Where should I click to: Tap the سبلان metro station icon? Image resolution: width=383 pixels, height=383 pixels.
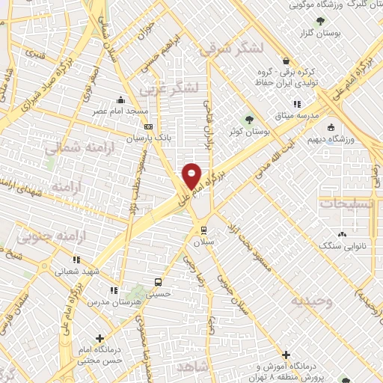click(x=202, y=229)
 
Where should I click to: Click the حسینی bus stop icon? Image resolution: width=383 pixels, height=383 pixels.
click(x=158, y=281)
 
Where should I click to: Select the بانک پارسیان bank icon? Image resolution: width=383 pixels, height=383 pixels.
click(x=149, y=127)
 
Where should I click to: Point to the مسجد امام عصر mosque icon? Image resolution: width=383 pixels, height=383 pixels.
click(x=121, y=100)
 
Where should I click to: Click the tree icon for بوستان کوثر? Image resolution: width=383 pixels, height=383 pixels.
click(x=250, y=118)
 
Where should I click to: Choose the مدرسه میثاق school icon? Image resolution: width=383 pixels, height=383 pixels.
click(x=297, y=104)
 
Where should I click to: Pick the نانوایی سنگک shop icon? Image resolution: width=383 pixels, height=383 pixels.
click(x=346, y=232)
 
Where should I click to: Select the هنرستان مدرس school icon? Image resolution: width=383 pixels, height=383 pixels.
click(x=113, y=290)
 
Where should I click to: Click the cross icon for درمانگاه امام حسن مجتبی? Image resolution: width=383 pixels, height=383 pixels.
click(x=101, y=338)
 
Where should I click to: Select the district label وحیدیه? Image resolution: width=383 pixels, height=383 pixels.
click(x=313, y=301)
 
